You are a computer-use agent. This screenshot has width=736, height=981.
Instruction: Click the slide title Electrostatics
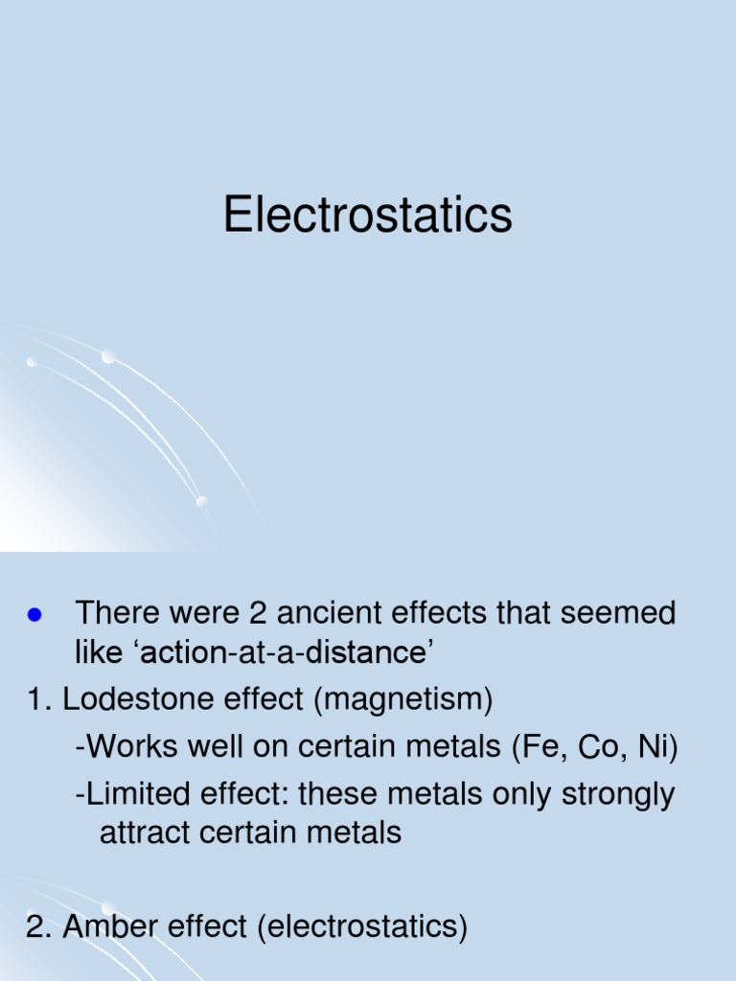(368, 215)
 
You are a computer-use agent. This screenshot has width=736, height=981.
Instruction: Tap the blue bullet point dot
(38, 614)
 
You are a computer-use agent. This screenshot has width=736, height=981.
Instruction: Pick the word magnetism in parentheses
(402, 701)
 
